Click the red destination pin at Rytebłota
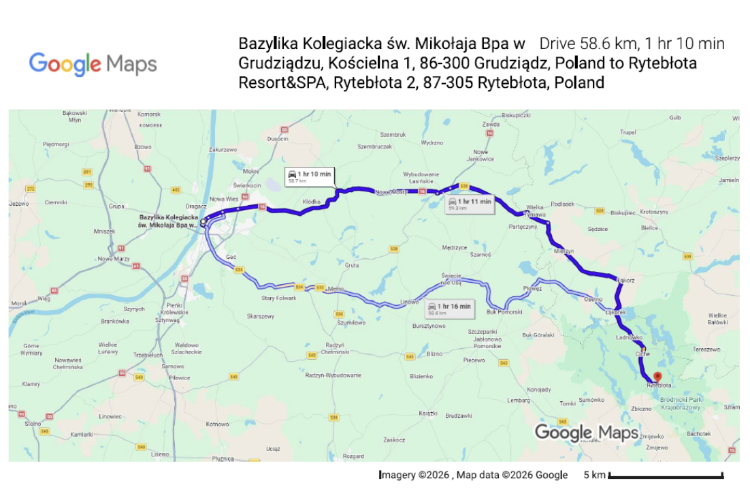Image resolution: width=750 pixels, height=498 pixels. [657, 376]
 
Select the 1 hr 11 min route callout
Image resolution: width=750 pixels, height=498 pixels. [469, 204]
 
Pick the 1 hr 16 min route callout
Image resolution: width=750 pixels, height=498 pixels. [449, 309]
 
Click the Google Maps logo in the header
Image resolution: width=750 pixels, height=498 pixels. [93, 64]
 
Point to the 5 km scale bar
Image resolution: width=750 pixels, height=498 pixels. [664, 475]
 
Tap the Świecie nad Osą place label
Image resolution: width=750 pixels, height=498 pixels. [451, 278]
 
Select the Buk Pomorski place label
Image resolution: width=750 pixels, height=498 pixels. [504, 311]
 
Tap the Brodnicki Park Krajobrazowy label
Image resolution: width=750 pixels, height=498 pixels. [683, 402]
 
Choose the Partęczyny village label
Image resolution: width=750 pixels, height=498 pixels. [523, 227]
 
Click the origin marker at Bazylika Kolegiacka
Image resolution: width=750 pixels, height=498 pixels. [203, 222]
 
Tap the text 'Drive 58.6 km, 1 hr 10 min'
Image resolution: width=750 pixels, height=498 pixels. [632, 44]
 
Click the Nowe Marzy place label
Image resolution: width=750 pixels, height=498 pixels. [114, 258]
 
